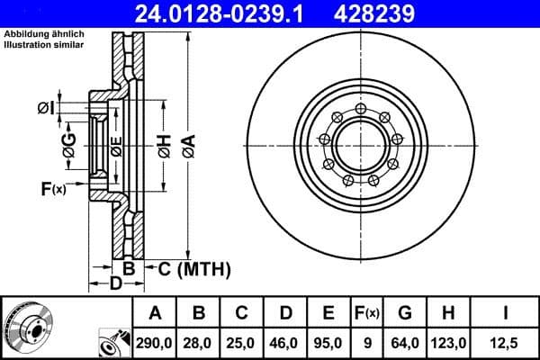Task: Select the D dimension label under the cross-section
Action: coord(116,284)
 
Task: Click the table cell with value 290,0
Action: coord(155,342)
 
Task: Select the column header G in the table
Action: coord(404,313)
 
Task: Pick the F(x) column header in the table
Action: coord(367,313)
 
